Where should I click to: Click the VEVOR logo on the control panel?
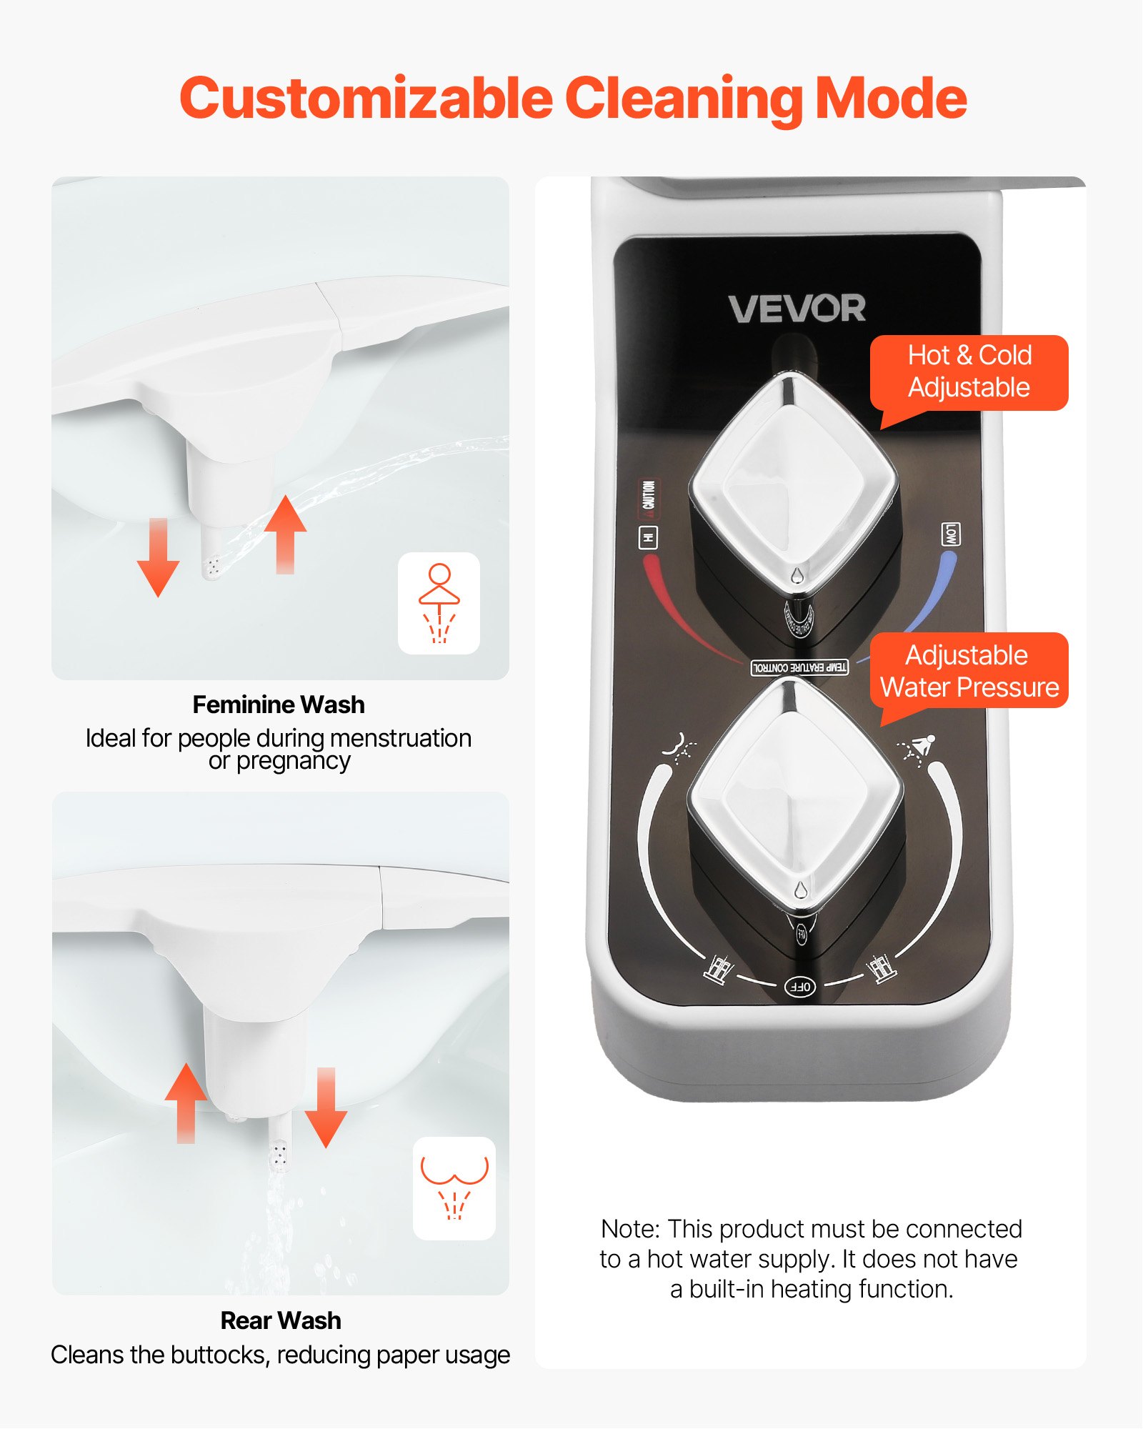point(797,309)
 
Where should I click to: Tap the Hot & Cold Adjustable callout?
point(969,372)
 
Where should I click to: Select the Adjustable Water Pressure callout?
point(969,671)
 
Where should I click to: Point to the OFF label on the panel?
point(799,987)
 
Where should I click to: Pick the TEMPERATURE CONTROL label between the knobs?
point(799,667)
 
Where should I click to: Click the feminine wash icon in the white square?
point(439,603)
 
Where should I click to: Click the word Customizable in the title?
point(366,98)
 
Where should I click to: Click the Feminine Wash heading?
point(279,704)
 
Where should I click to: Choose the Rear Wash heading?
point(280,1320)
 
